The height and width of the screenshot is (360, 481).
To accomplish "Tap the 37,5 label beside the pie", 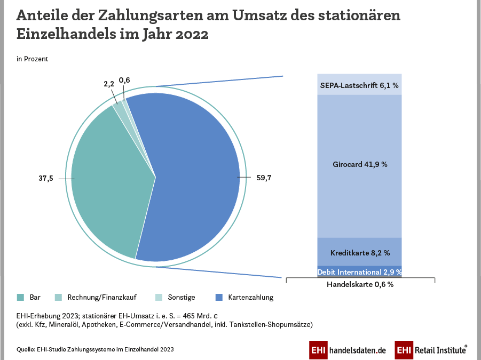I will (46, 179).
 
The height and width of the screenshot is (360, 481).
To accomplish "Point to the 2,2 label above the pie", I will (109, 84).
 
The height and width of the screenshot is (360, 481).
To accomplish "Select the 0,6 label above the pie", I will (124, 81).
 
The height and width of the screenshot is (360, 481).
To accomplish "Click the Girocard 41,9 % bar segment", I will (359, 165).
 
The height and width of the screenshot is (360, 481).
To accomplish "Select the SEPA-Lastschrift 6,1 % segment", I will (359, 85).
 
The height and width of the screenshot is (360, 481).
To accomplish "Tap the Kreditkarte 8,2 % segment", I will (359, 252).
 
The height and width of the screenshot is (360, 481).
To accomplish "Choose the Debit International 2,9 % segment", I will (359, 272).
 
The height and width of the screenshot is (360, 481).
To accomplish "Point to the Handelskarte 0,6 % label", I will (360, 285).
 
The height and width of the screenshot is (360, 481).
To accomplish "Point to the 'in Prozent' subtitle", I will (33, 59).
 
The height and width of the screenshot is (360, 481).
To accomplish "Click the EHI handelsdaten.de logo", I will (348, 350).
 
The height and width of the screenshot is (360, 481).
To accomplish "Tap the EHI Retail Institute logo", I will (431, 350).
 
